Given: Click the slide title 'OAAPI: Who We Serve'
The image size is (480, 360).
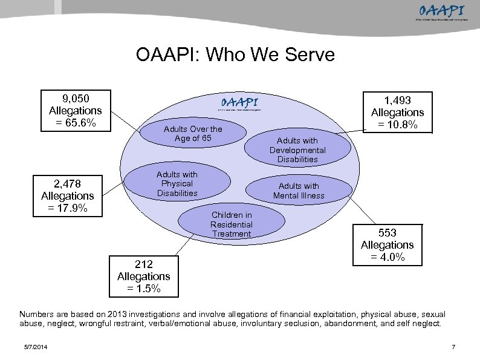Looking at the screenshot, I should click(x=235, y=55).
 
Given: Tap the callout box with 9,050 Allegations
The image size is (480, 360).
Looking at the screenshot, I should click(x=75, y=111).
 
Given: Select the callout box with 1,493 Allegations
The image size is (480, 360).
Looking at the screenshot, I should click(x=397, y=113).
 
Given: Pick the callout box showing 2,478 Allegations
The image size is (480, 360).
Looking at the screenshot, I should click(x=67, y=195).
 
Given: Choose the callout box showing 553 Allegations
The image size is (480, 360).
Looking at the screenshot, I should click(x=387, y=244).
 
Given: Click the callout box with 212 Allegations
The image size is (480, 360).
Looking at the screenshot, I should click(x=143, y=276).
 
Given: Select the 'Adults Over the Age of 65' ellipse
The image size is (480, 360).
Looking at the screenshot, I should click(x=193, y=134).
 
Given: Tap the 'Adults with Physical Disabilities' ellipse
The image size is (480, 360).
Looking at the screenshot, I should click(x=177, y=183).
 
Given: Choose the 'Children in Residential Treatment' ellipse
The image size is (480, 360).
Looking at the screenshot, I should click(x=231, y=224).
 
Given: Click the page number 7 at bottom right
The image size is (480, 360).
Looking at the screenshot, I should click(x=453, y=346).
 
